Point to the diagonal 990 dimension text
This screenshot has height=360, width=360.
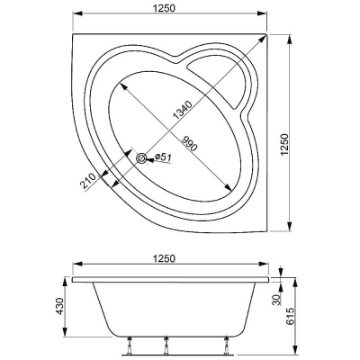tap(187, 143)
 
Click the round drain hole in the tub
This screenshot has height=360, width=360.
tap(142, 158)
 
